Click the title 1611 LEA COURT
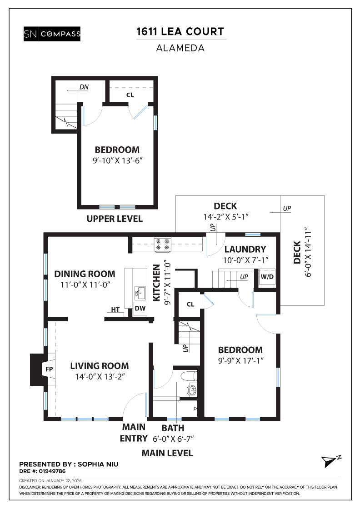click(x=180, y=32)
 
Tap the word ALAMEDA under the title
click(x=180, y=47)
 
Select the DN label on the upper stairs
click(x=84, y=87)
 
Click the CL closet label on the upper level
click(x=130, y=95)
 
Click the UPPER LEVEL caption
click(x=115, y=219)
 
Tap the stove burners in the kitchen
click(x=162, y=245)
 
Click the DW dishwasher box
click(x=140, y=309)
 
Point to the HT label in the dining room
click(x=115, y=309)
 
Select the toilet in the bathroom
click(x=188, y=376)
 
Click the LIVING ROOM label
click(x=99, y=365)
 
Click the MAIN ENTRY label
click(x=134, y=433)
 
